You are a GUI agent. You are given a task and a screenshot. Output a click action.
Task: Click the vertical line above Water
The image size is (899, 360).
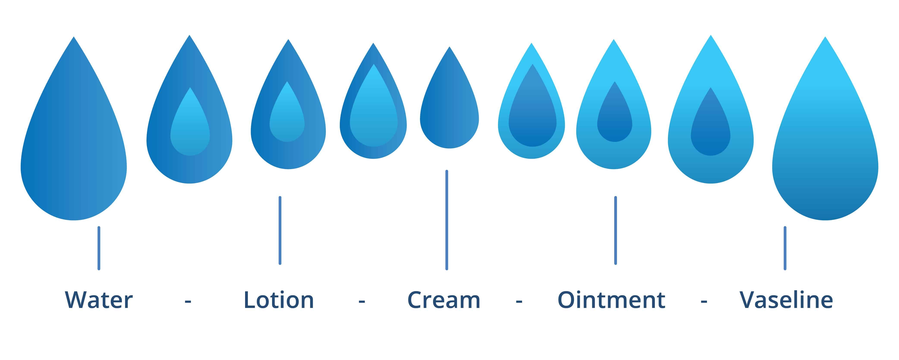tap(99, 248)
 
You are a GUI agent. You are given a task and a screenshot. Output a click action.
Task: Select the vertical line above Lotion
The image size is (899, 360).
tap(280, 230)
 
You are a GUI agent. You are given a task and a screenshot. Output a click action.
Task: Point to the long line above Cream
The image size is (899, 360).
tap(447, 220)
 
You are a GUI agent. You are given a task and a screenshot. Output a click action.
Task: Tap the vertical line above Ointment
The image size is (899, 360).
tap(615, 230)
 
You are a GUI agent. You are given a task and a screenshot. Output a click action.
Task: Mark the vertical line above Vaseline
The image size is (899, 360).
tap(785, 248)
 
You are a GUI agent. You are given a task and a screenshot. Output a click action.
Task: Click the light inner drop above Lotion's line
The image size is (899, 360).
tap(287, 119)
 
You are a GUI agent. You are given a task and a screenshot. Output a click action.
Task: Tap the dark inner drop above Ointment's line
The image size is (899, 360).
tap(615, 119)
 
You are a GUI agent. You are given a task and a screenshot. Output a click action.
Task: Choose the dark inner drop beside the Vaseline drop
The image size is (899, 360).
tap(710, 129)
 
